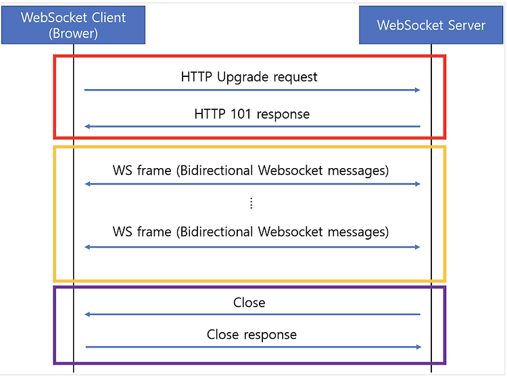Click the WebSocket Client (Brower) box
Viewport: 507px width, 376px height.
tap(74, 25)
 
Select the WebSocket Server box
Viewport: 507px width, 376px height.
tap(431, 25)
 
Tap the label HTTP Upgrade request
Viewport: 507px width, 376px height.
tap(249, 78)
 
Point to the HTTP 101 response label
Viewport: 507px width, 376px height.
tap(252, 114)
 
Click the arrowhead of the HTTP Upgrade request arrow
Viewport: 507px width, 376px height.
tap(418, 90)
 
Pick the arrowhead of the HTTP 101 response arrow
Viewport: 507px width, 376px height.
tap(87, 126)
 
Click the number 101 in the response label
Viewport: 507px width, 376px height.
tap(241, 114)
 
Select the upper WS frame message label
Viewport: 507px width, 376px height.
tap(251, 171)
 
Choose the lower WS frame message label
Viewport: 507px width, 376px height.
tap(251, 232)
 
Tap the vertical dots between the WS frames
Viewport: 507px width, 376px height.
tap(251, 203)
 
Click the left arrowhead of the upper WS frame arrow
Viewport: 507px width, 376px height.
tap(87, 184)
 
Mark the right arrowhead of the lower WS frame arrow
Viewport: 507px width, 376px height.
tap(418, 247)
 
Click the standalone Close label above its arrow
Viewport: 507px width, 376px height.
tap(249, 302)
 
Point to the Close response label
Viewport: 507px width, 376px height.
tap(251, 335)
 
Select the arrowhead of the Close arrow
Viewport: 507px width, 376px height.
tap(87, 315)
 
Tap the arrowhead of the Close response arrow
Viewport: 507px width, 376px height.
tap(418, 347)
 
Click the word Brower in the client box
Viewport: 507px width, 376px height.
tap(73, 34)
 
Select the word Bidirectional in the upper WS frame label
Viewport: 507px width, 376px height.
tap(216, 170)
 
